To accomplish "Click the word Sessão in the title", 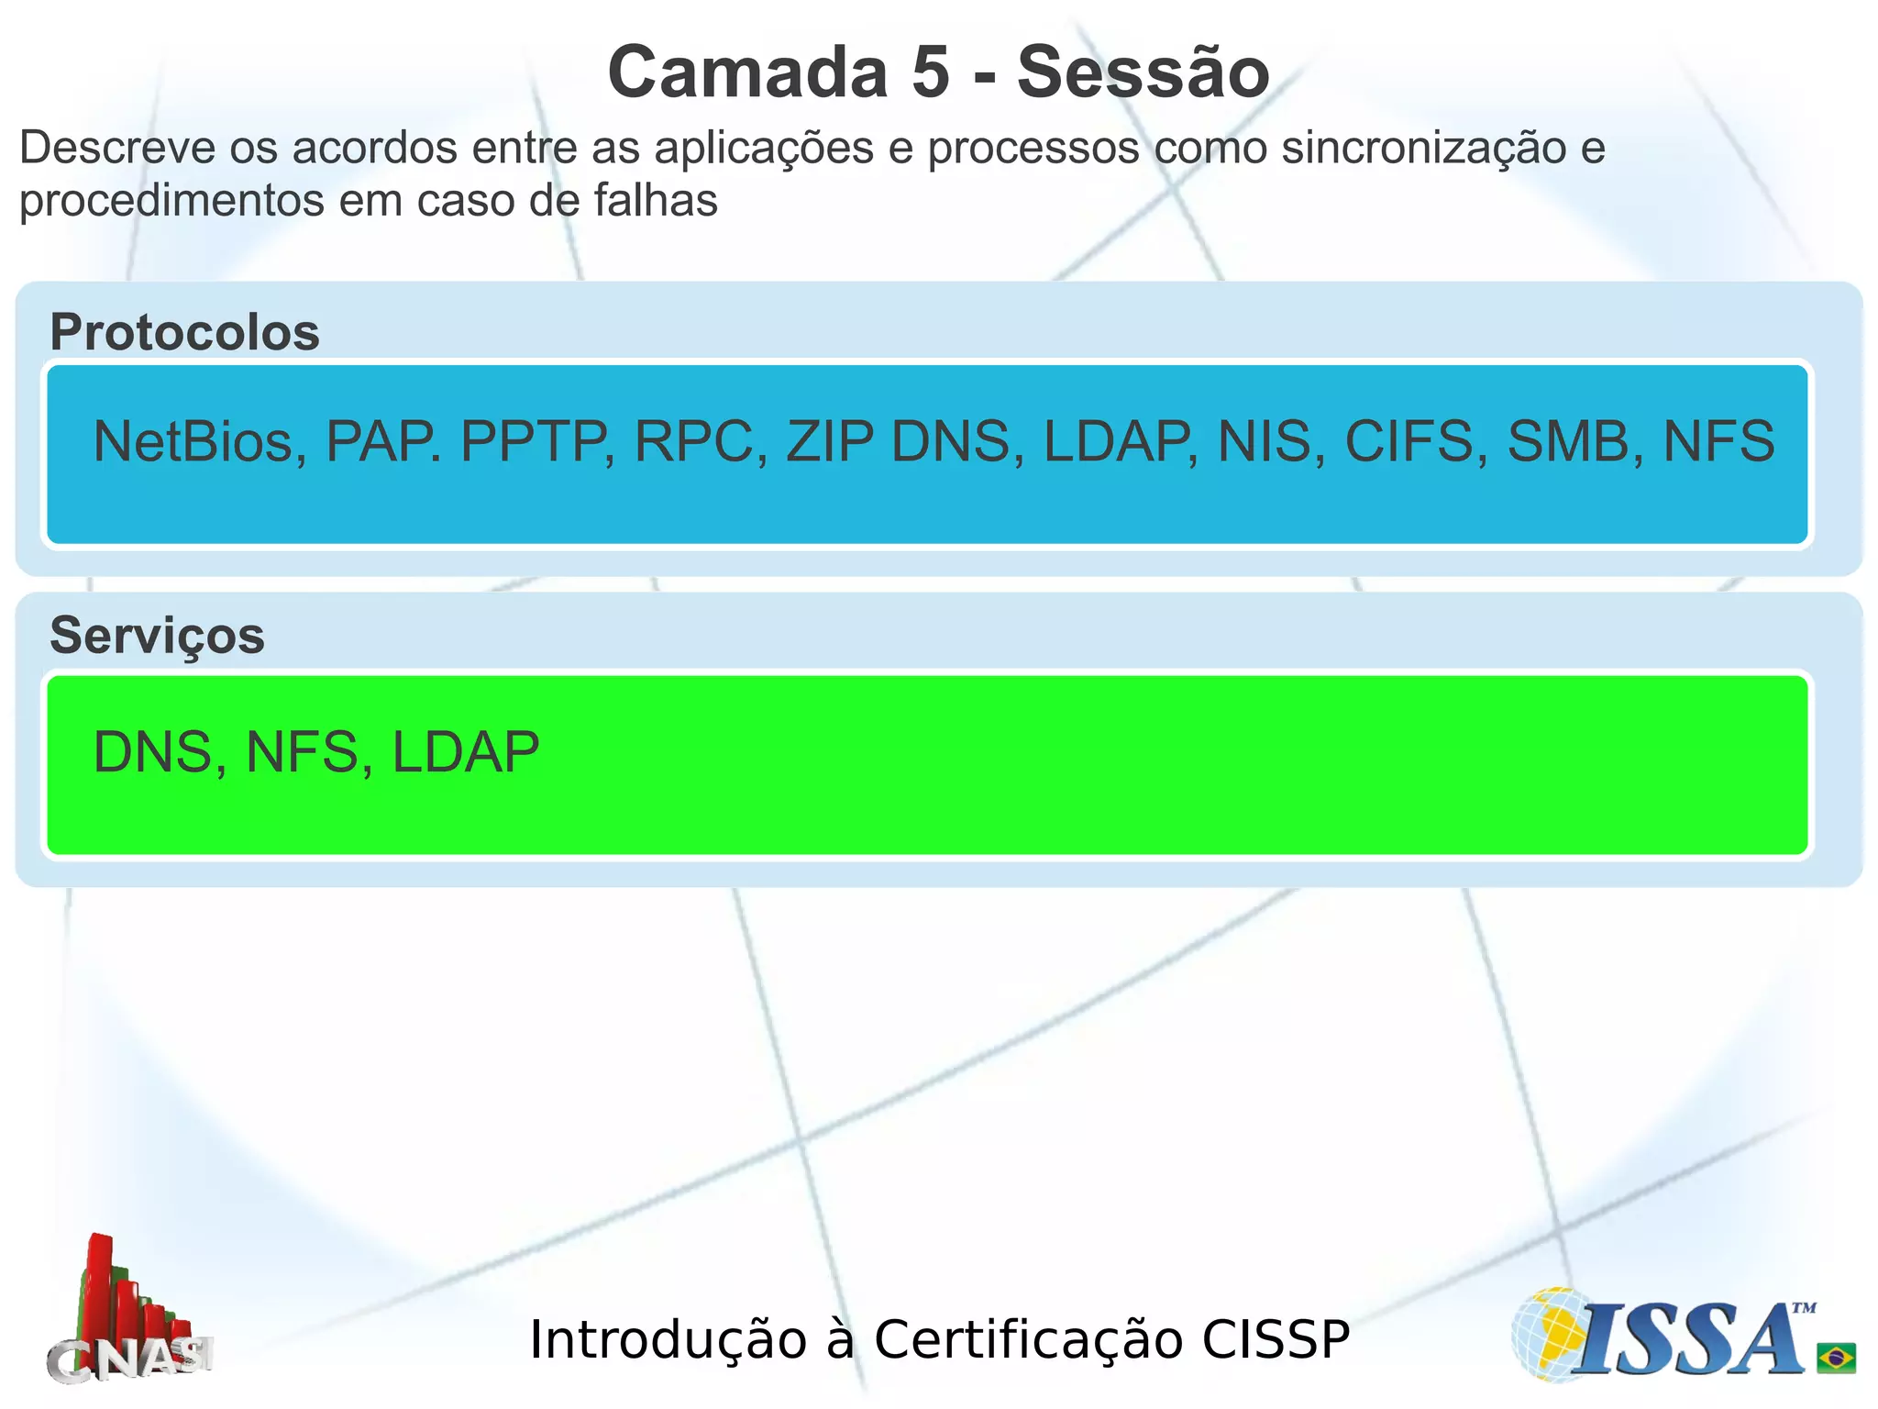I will (x=1143, y=72).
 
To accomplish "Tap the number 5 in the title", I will (x=930, y=72).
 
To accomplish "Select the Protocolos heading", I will (x=184, y=332).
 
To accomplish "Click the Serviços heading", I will (x=157, y=636).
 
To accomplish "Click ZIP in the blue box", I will (x=830, y=441).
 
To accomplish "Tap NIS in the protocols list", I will (x=1270, y=441).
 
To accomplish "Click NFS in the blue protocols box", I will (x=1718, y=441).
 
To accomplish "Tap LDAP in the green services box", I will (x=466, y=753).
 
